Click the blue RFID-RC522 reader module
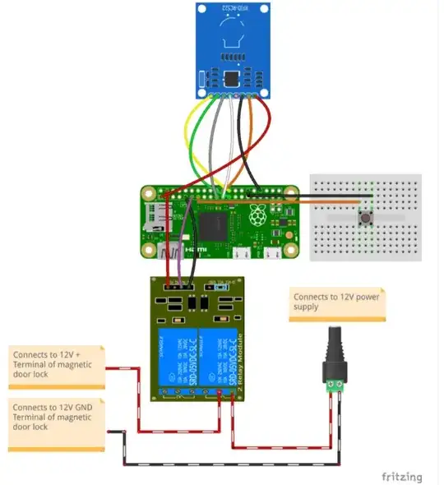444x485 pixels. (233, 49)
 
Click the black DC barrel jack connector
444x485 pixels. (335, 349)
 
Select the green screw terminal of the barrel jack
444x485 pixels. (335, 384)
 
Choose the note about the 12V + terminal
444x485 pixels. (57, 365)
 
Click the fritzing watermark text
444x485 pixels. (402, 476)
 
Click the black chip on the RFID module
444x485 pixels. (232, 79)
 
